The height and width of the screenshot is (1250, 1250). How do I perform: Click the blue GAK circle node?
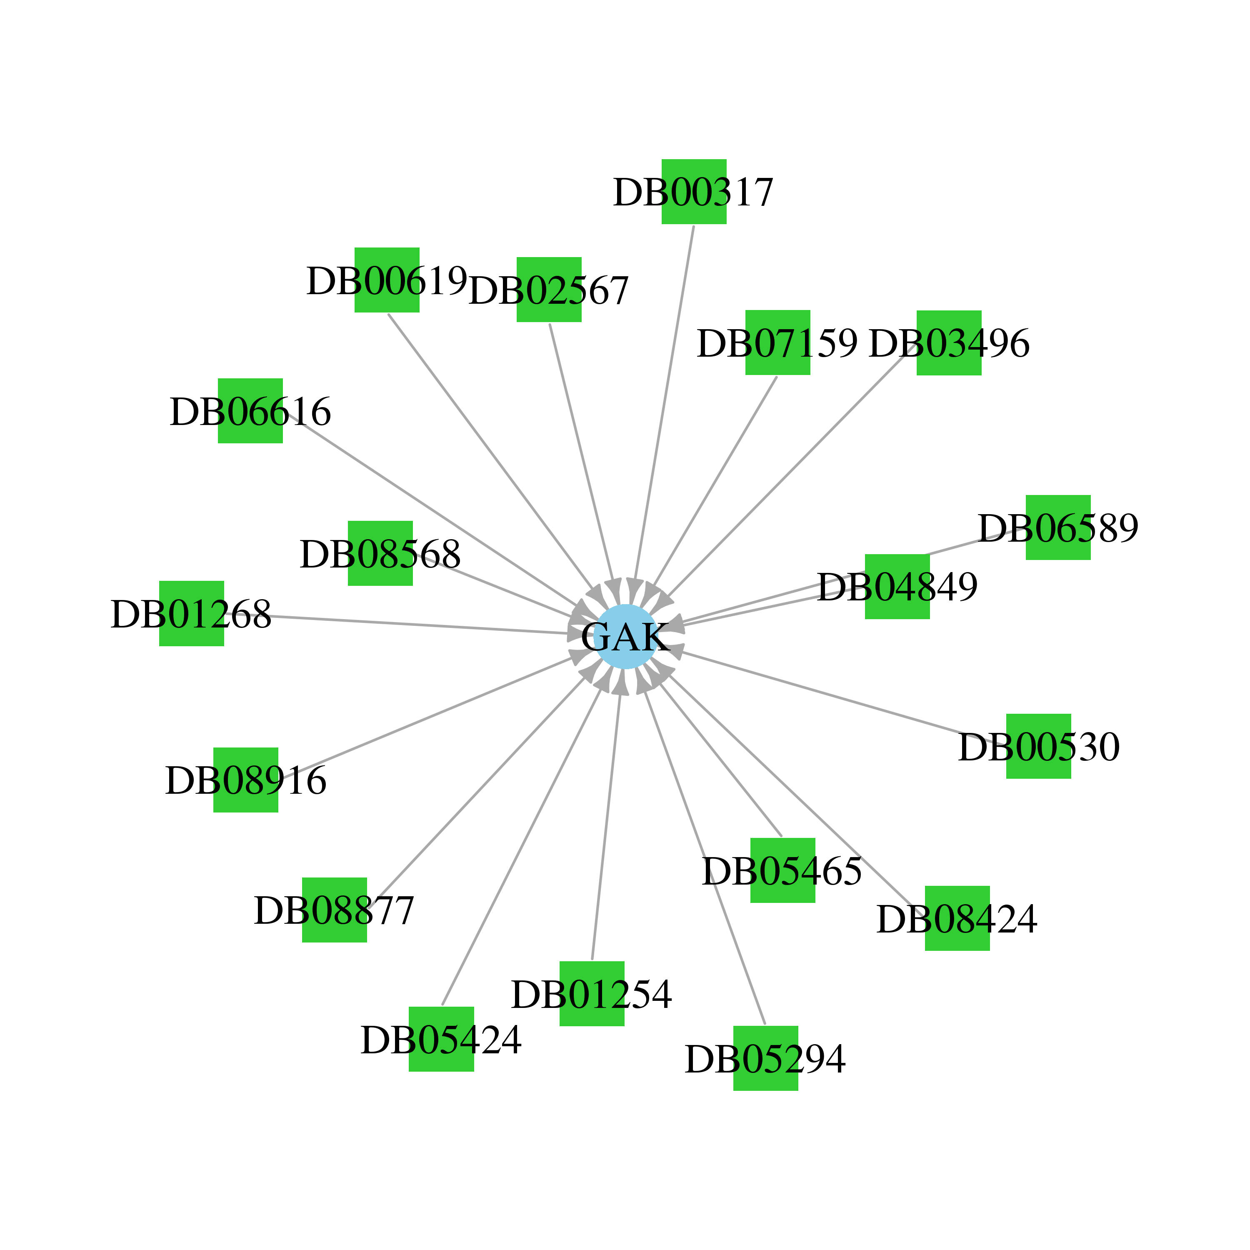(x=626, y=637)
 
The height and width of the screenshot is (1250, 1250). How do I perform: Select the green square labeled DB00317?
(x=694, y=192)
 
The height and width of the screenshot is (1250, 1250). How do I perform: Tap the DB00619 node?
(x=387, y=280)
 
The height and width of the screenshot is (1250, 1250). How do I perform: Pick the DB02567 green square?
(x=549, y=289)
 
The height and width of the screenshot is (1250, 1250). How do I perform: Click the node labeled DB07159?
(x=777, y=342)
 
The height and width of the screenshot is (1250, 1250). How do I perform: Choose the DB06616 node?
(x=250, y=411)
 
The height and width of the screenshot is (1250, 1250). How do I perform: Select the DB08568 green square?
(x=380, y=553)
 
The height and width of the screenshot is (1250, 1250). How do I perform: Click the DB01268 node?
(x=192, y=613)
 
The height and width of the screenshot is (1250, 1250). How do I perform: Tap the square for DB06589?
(x=1058, y=527)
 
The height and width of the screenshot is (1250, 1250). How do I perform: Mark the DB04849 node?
(x=897, y=587)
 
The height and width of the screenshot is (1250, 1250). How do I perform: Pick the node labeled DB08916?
(x=246, y=780)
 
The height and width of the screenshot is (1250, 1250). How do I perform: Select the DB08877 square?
(x=335, y=910)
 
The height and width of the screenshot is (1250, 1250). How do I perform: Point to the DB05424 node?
(x=441, y=1039)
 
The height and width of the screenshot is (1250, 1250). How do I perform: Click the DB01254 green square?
(x=592, y=993)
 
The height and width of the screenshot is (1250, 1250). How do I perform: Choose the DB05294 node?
(x=765, y=1058)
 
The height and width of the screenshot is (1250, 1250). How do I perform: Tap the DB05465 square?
(x=783, y=870)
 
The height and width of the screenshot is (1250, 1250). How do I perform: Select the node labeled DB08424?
(x=957, y=918)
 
